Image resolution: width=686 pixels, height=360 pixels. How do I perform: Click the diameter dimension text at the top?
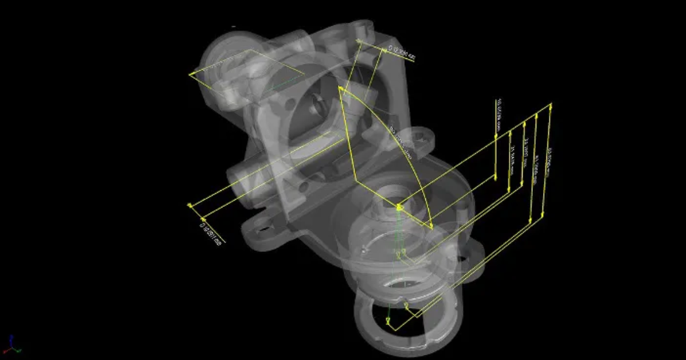coord(401,53)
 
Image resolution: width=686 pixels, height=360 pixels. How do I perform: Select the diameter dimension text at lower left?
coord(210,233)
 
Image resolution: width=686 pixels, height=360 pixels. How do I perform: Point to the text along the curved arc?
coord(401,143)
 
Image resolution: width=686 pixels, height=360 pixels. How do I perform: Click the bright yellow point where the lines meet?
coord(398,207)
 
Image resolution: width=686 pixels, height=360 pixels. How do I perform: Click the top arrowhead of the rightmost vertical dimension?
coord(551,105)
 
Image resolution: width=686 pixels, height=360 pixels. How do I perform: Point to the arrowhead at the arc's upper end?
coord(341,89)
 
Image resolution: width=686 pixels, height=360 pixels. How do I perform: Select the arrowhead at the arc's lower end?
coord(431,226)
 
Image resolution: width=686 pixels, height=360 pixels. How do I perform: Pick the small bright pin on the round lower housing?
coord(362,249)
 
